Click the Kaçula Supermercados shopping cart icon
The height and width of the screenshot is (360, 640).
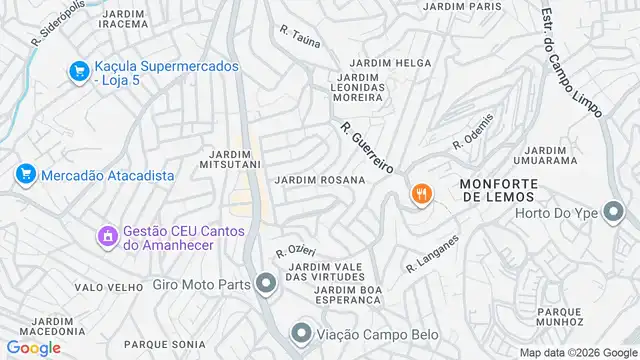(x=78, y=71)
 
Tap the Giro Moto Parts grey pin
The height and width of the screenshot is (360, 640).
(x=265, y=285)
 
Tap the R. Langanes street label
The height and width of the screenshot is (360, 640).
(x=432, y=254)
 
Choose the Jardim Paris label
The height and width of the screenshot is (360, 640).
(x=461, y=6)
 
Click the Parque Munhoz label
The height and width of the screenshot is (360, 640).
(x=559, y=316)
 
